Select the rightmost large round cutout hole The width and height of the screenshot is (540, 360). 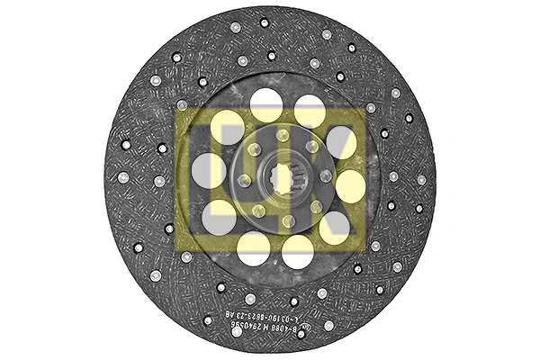tap(351, 185)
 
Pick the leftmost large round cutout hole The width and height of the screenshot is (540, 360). tap(208, 170)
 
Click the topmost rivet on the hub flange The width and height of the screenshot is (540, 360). tap(283, 135)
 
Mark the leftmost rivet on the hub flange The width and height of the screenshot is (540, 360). tap(243, 180)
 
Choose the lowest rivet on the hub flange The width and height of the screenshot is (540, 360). tap(288, 220)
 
